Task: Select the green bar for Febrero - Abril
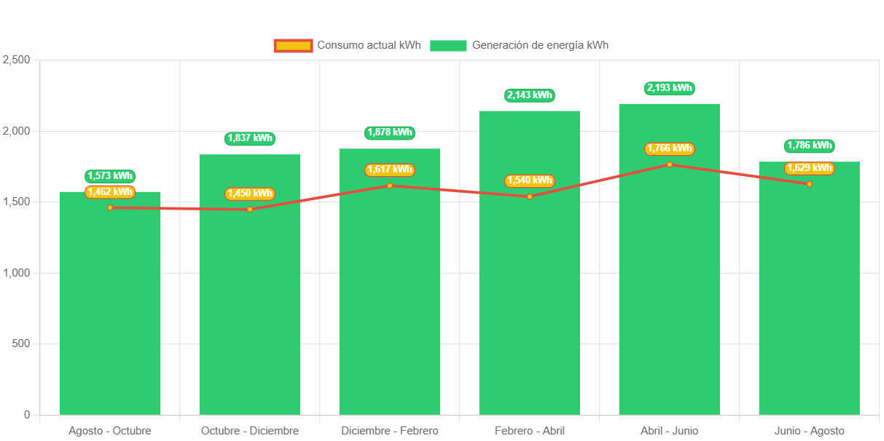pyautogui.click(x=529, y=306)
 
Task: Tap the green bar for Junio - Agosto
pyautogui.click(x=809, y=306)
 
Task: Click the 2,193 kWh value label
pyautogui.click(x=669, y=88)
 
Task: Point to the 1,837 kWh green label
pyautogui.click(x=250, y=138)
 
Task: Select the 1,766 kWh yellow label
pyautogui.click(x=669, y=148)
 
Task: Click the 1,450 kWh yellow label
pyautogui.click(x=250, y=194)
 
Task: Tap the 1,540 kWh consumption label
pyautogui.click(x=529, y=180)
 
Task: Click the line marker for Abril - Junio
pyautogui.click(x=669, y=164)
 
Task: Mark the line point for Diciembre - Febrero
pyautogui.click(x=389, y=186)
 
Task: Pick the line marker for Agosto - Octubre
pyautogui.click(x=110, y=207)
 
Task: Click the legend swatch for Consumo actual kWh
pyautogui.click(x=293, y=45)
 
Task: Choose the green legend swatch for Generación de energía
pyautogui.click(x=447, y=45)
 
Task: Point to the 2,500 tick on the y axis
pyautogui.click(x=15, y=60)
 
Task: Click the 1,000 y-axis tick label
pyautogui.click(x=15, y=273)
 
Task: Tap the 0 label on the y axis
pyautogui.click(x=27, y=415)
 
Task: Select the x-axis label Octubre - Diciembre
pyautogui.click(x=250, y=431)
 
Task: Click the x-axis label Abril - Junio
pyautogui.click(x=669, y=431)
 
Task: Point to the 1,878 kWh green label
pyautogui.click(x=389, y=132)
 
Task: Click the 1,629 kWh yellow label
pyautogui.click(x=809, y=168)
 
